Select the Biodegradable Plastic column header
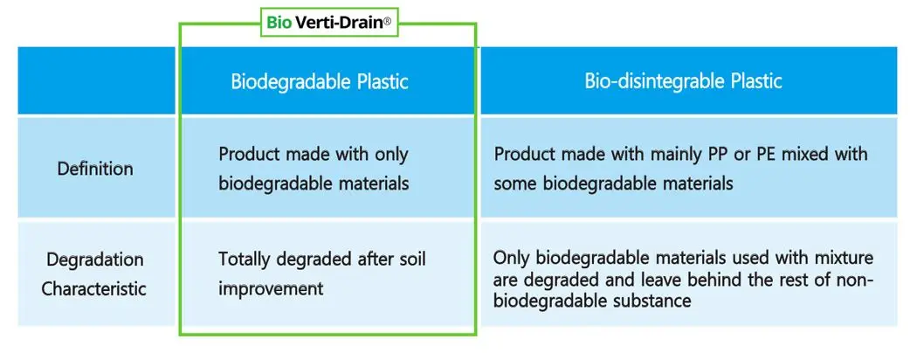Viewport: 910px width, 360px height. tap(320, 82)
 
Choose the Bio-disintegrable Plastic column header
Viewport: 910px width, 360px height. tap(683, 82)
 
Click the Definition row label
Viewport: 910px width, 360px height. tap(95, 169)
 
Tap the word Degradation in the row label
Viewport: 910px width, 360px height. tap(95, 260)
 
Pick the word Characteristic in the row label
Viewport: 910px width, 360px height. tap(95, 288)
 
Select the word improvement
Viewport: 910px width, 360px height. tap(272, 287)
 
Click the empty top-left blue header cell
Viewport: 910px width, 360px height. tap(95, 81)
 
